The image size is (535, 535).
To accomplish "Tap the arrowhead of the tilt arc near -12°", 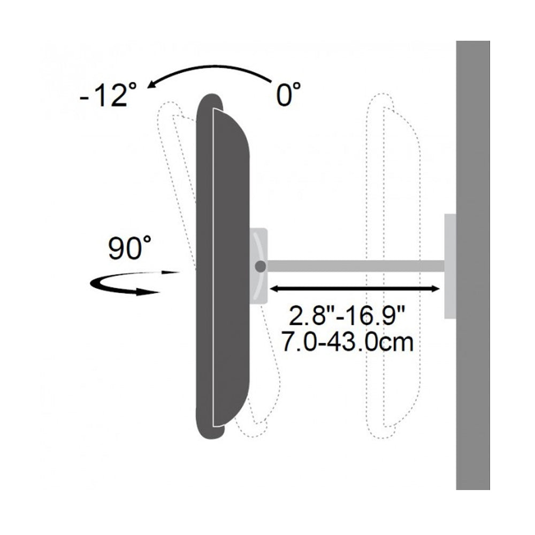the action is (x=152, y=85).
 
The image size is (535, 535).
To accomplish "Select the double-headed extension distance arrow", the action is (x=355, y=289).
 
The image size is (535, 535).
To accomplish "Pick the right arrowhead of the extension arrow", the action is (x=435, y=289).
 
